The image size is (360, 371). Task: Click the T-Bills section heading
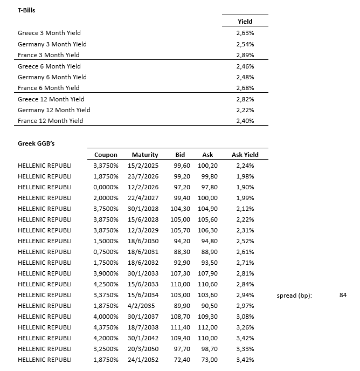tap(27, 10)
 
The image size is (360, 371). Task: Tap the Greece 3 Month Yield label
tap(49, 33)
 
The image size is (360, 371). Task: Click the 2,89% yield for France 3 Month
tap(245, 55)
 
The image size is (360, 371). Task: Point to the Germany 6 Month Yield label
tap(52, 77)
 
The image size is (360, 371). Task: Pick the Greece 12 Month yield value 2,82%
tap(245, 99)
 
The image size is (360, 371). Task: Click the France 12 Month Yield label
tap(50, 121)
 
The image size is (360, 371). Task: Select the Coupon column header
tap(106, 155)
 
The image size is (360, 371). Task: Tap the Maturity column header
tap(144, 155)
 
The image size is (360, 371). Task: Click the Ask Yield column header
tap(245, 155)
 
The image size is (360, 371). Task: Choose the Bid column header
tap(180, 155)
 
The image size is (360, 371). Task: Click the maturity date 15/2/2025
tap(144, 166)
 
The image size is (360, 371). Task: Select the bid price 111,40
tap(180, 327)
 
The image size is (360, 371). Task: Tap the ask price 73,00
tap(207, 360)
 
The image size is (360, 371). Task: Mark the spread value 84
tap(343, 294)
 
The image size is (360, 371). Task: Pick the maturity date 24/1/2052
tap(144, 360)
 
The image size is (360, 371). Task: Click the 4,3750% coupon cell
tap(106, 327)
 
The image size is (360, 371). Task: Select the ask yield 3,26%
tap(245, 327)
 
